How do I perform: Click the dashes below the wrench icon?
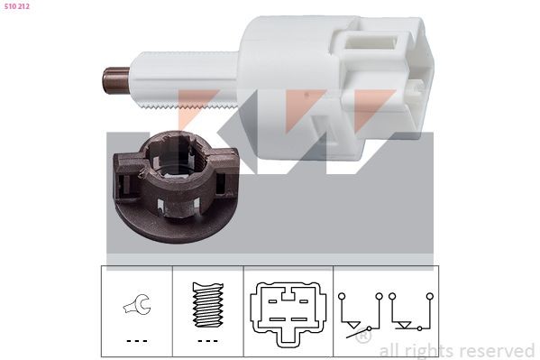pos(137,341)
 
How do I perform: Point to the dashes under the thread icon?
pos(208,341)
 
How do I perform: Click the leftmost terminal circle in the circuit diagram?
pos(343,296)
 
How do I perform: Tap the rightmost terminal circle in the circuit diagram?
pos(433,296)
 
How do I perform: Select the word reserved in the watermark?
pos(497,350)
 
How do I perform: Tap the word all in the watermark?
pos(391,350)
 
